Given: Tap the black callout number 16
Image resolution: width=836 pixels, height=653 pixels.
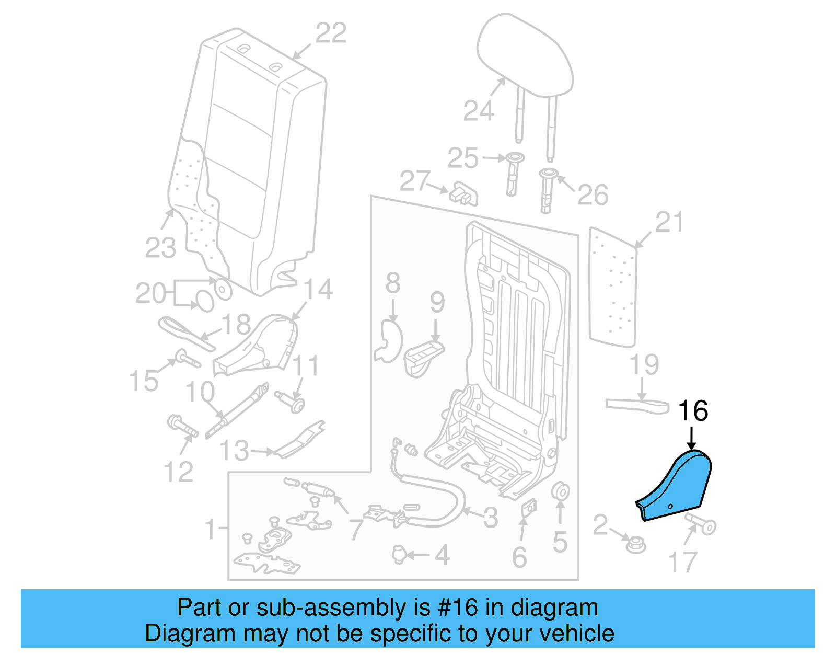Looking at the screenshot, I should (693, 411).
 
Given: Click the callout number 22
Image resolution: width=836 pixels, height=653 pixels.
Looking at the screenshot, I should (331, 33).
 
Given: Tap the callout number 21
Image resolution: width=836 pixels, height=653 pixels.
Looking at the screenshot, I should (669, 222).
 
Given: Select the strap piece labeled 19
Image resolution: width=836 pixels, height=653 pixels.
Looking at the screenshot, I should (637, 405).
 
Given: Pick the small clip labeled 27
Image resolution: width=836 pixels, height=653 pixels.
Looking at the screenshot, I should (464, 194).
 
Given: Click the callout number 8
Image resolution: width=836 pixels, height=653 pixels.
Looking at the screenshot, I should (393, 283).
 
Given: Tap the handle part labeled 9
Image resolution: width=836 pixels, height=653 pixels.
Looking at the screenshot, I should (423, 357).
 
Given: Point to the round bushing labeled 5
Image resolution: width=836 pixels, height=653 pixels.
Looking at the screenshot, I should (561, 492).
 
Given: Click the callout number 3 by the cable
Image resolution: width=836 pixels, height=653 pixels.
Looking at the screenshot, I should (490, 518).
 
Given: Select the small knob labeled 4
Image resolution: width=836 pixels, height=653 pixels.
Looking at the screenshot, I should (399, 554).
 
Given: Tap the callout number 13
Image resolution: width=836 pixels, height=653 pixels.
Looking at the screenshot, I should (234, 451).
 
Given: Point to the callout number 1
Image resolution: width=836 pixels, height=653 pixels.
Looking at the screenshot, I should (210, 529).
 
